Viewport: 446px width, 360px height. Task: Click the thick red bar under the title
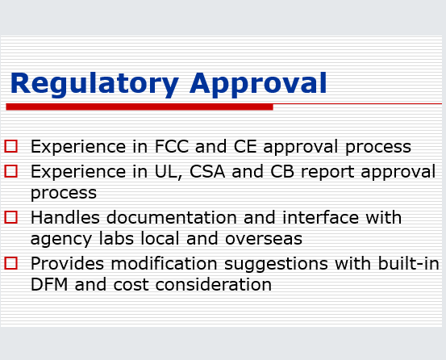point(139,107)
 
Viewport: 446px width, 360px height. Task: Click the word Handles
point(63,217)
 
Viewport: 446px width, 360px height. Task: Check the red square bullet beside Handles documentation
point(10,217)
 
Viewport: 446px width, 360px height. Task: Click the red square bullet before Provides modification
point(10,263)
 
